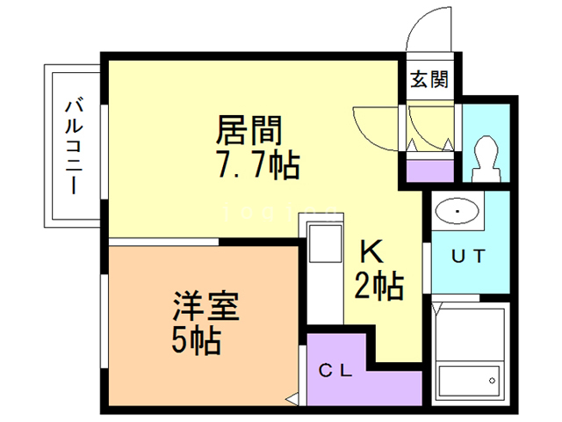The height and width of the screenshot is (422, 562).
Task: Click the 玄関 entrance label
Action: (x=429, y=79)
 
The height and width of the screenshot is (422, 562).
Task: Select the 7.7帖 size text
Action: (x=256, y=164)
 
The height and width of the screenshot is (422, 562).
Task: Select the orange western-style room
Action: (x=202, y=325)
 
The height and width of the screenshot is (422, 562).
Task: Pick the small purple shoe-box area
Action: (x=429, y=169)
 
